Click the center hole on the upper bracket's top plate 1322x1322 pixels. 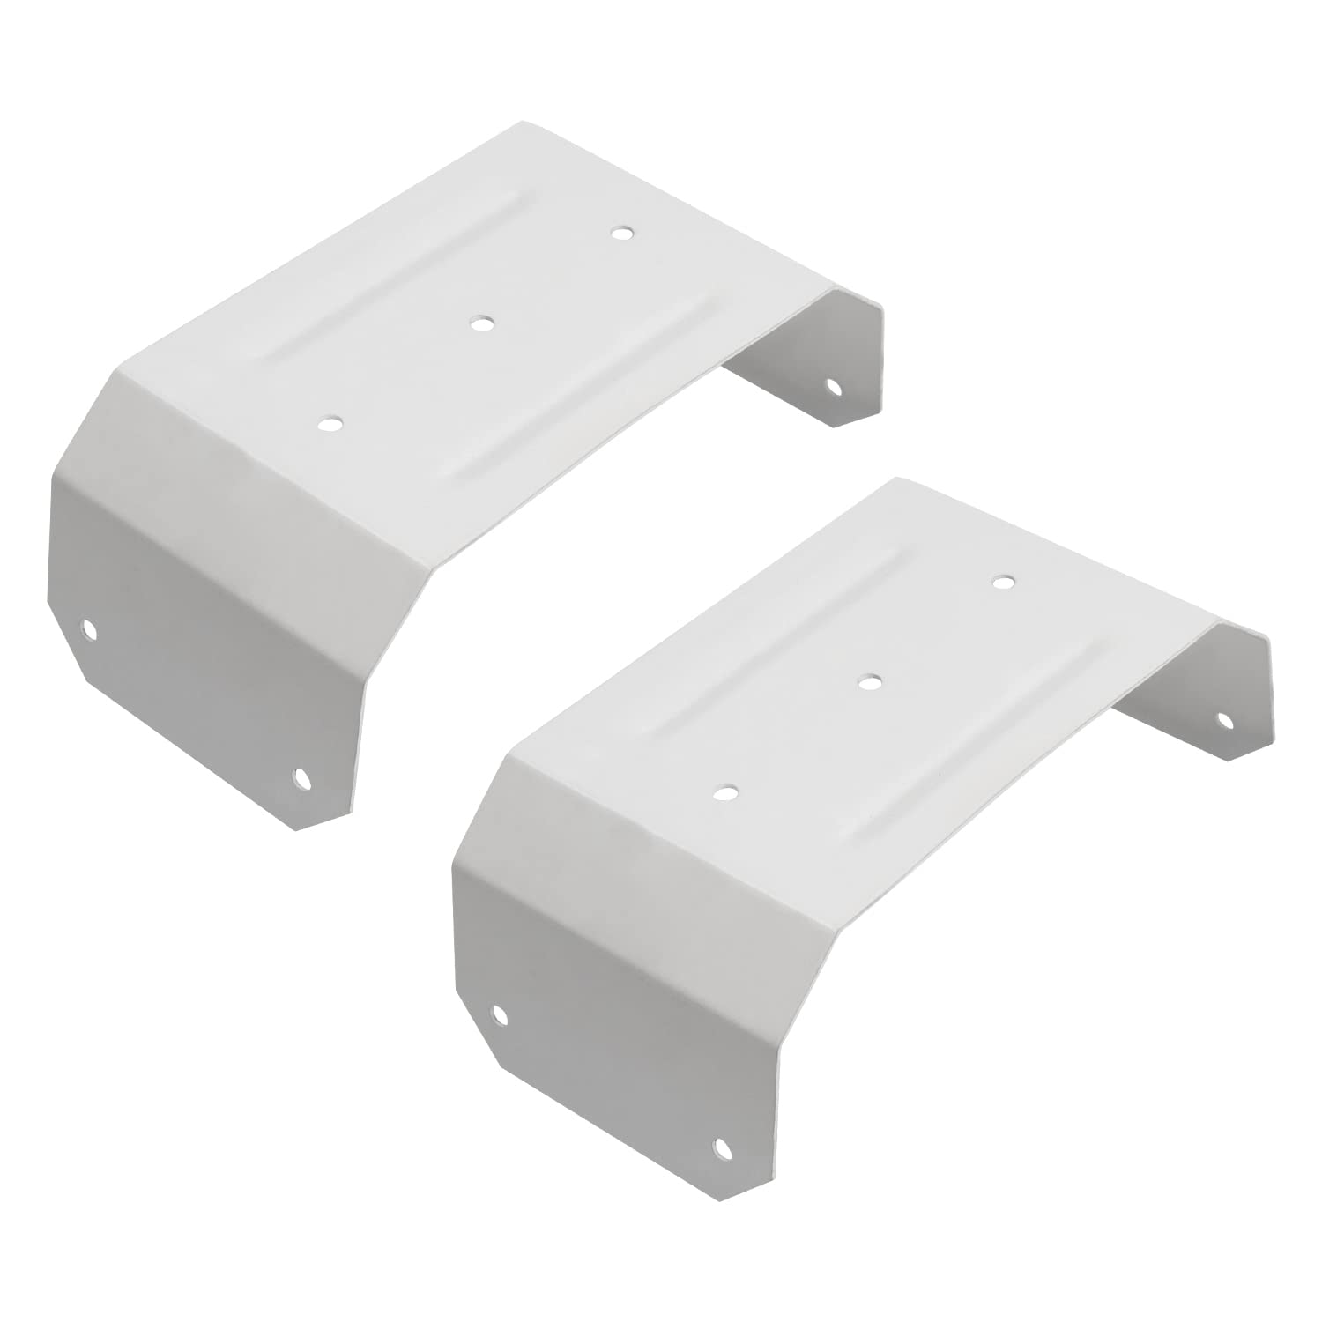point(481,323)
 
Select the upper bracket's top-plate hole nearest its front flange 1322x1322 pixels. point(330,424)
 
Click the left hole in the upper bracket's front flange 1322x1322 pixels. point(88,628)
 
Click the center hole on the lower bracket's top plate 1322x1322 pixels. point(870,681)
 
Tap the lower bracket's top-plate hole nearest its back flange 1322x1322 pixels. point(1001,582)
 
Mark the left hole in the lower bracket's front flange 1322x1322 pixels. point(500,1014)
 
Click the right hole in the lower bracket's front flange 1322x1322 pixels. point(723,1146)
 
